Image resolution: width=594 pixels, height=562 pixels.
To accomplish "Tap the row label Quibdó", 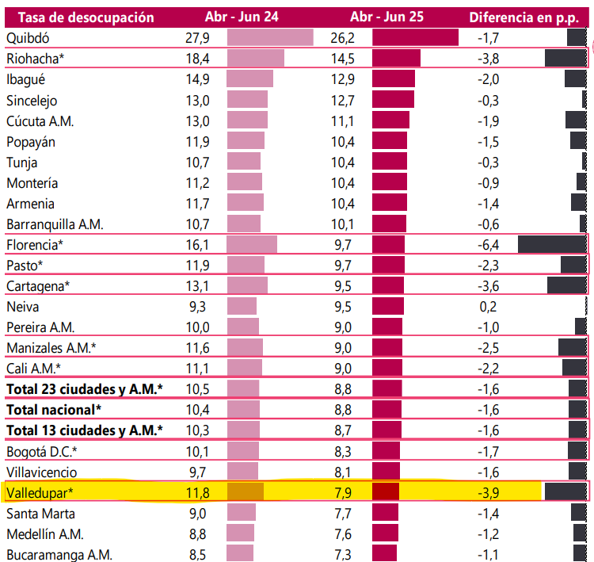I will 29,38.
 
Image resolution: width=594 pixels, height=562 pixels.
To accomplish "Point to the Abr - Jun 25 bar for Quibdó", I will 415,38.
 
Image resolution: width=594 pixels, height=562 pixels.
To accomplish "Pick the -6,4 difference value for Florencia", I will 487,244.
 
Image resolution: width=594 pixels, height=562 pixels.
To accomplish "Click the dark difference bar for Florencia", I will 552,244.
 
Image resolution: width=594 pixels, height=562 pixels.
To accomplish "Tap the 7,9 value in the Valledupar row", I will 343,493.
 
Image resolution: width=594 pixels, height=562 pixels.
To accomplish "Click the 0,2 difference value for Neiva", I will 487,307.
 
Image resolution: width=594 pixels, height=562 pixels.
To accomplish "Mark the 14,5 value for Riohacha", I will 343,59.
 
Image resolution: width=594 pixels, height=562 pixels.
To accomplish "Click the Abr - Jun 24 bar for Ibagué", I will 249,79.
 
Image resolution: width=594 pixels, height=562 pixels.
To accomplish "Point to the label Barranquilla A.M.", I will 55,224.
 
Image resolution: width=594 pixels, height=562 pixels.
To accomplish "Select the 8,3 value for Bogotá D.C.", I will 343,452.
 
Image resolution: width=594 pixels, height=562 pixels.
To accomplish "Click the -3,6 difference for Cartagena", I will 487,286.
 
